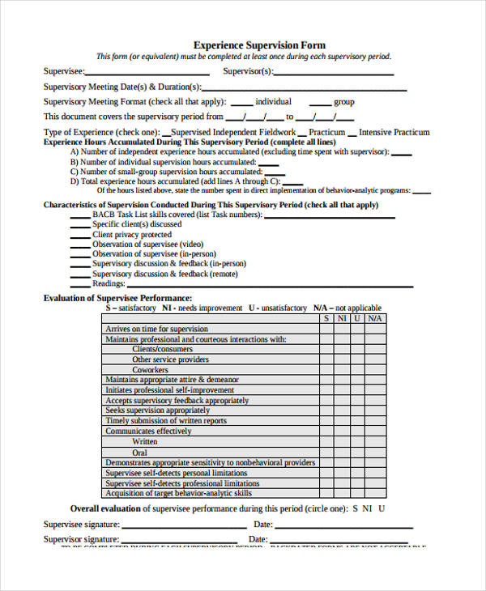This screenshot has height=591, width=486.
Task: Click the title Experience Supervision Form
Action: click(259, 45)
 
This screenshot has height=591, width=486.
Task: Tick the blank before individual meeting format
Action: click(241, 104)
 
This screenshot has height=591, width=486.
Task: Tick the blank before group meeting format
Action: click(320, 104)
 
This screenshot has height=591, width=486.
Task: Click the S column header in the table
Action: click(326, 318)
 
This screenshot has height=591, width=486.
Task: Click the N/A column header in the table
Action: click(374, 318)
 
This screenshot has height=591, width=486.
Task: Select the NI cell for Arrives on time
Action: click(342, 329)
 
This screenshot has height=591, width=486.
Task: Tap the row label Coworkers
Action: click(151, 370)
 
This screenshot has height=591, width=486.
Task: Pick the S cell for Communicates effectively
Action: click(326, 432)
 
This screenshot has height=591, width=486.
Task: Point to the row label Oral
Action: click(141, 453)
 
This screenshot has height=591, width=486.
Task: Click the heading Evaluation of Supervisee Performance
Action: click(117, 298)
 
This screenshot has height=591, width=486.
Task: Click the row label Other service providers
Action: click(170, 359)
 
